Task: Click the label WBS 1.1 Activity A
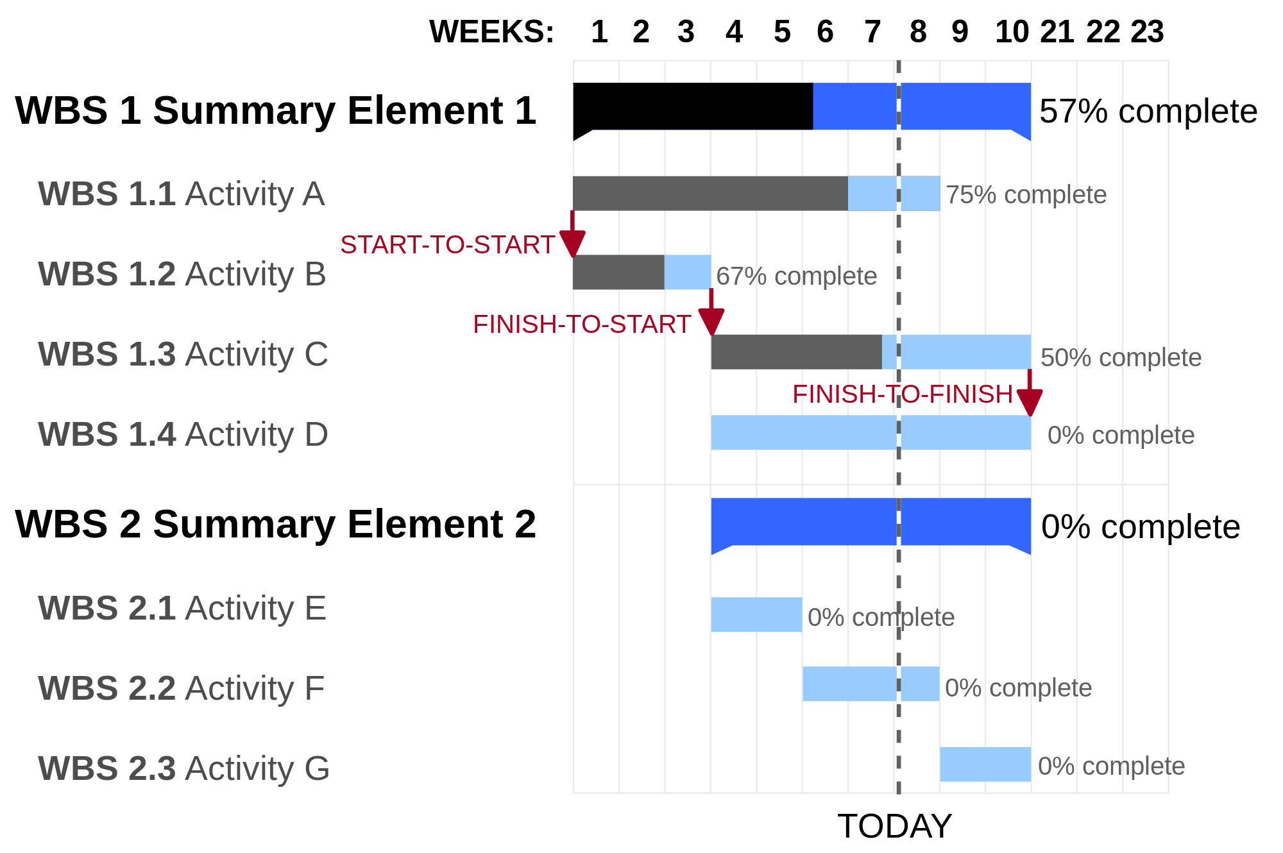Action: click(x=182, y=194)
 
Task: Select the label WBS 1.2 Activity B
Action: click(x=182, y=274)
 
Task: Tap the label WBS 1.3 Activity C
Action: click(x=183, y=355)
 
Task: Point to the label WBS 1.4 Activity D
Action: click(x=183, y=435)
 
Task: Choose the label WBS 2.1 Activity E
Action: click(x=182, y=609)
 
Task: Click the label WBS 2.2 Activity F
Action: click(x=181, y=689)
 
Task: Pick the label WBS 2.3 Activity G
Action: click(x=183, y=769)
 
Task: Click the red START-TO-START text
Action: click(x=447, y=245)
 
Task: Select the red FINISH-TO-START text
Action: click(x=581, y=325)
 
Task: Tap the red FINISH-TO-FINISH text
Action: click(x=902, y=394)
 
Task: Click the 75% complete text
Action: click(x=1026, y=195)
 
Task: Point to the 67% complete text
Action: click(x=796, y=276)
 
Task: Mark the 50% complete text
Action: click(x=1121, y=358)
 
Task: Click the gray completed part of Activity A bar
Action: click(x=709, y=194)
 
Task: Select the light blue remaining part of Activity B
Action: click(x=687, y=273)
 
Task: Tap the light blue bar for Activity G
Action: click(x=985, y=764)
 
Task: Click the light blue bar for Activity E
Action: click(x=756, y=615)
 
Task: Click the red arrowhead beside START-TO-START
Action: click(x=572, y=244)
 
